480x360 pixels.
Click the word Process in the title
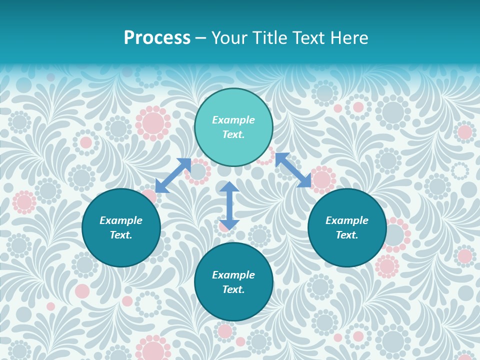[157, 38]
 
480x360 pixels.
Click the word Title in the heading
[269, 38]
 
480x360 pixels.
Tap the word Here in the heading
[348, 38]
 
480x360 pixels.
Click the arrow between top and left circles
[173, 175]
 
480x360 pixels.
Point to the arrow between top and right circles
[293, 170]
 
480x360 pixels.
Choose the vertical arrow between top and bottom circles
[229, 205]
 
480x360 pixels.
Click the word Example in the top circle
[233, 120]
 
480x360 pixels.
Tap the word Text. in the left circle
[121, 235]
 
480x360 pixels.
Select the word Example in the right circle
[347, 220]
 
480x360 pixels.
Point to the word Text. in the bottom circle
[233, 289]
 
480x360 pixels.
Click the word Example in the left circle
[121, 220]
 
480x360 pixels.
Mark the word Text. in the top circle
[233, 134]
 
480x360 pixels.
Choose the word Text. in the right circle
[347, 235]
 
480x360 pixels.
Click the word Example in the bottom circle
[233, 275]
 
